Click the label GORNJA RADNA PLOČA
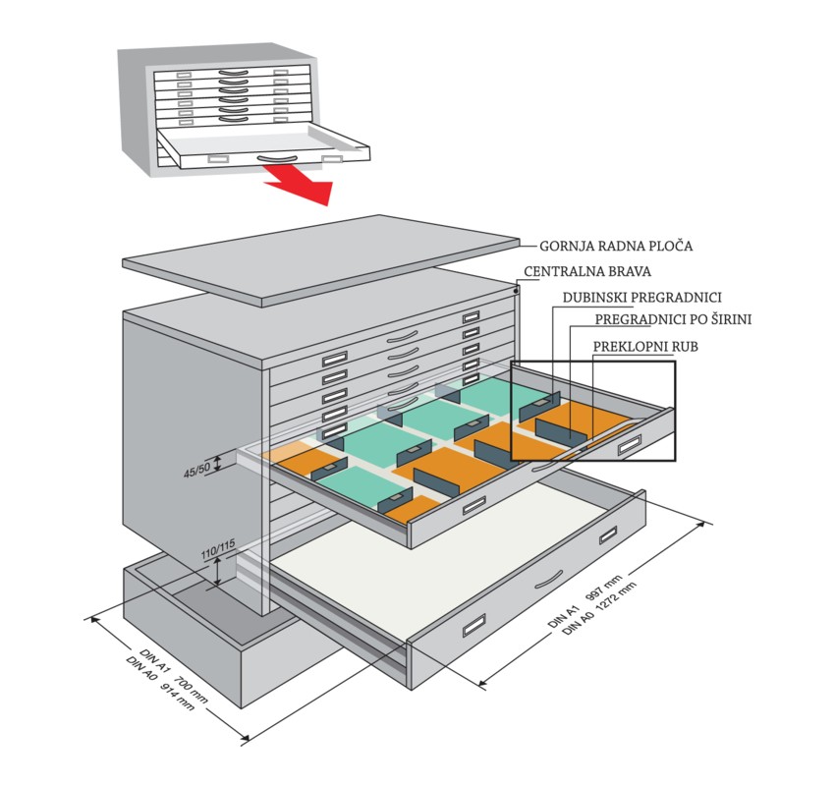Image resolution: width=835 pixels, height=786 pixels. (x=616, y=246)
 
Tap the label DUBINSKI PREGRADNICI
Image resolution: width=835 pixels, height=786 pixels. (x=642, y=296)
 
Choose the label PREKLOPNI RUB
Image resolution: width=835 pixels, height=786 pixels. (x=641, y=346)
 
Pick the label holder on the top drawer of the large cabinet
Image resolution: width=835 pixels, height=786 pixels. (x=472, y=316)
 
